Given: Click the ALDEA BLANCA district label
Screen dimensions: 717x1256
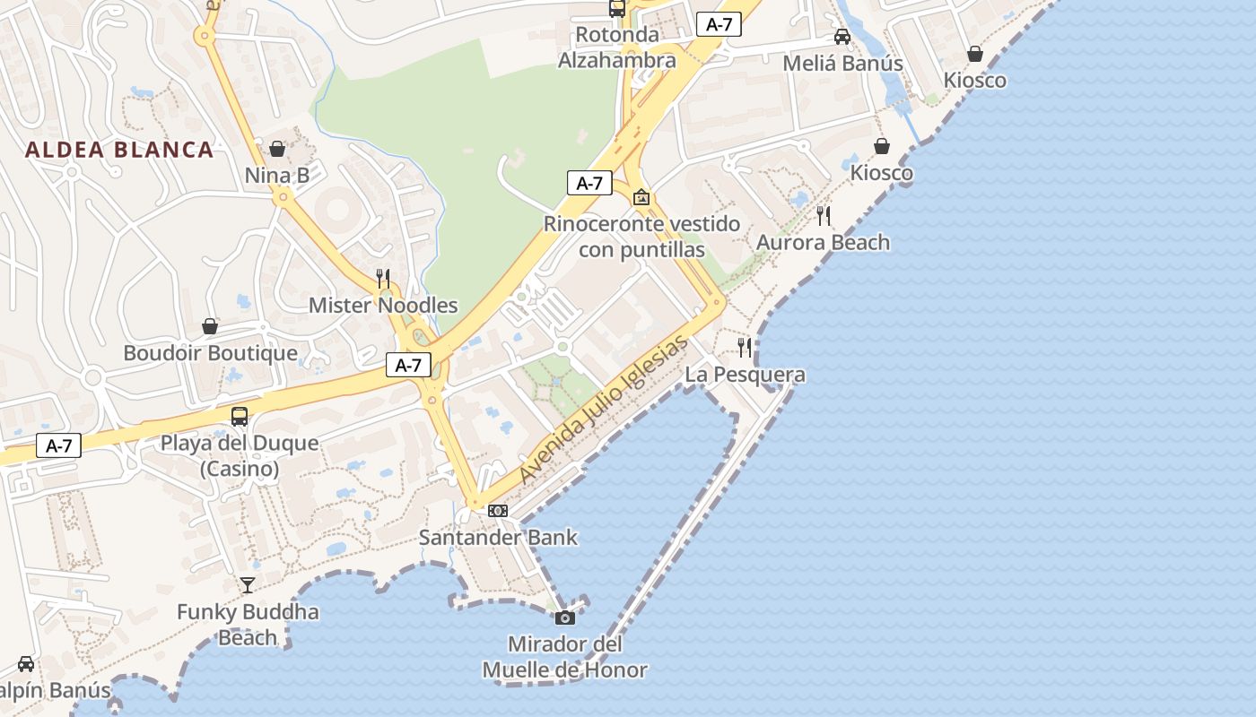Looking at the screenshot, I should point(119,150).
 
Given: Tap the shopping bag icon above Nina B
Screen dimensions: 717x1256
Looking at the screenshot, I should point(277,148).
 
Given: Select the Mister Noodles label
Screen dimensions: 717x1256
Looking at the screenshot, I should point(383,306).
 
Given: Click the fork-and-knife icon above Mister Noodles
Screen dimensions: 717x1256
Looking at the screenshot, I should point(383,278).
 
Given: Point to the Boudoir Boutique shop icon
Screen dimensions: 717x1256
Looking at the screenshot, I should point(210,326).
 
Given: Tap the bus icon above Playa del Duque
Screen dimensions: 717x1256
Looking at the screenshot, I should point(240,416).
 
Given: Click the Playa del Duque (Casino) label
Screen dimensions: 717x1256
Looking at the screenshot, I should point(240,455).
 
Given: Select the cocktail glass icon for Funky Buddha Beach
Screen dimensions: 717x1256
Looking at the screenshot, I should point(248,585).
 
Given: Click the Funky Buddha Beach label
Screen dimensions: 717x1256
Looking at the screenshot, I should point(248,625).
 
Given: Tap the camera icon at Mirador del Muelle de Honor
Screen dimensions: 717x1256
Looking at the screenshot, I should point(564,618).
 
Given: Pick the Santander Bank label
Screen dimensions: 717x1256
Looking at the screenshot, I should point(498,538).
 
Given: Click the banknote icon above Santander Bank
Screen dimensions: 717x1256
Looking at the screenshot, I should point(498,511).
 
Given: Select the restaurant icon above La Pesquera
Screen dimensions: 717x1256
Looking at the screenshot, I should point(745,347).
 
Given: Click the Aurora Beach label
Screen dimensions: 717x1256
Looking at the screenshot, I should point(823,243).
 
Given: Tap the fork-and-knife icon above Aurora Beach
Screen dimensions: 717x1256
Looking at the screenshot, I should point(824,215).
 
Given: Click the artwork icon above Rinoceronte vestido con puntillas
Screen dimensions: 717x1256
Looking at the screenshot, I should point(641,197).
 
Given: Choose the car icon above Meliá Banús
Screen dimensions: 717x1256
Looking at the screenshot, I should point(842,37).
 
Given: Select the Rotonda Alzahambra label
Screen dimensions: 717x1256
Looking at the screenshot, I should point(617,48).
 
